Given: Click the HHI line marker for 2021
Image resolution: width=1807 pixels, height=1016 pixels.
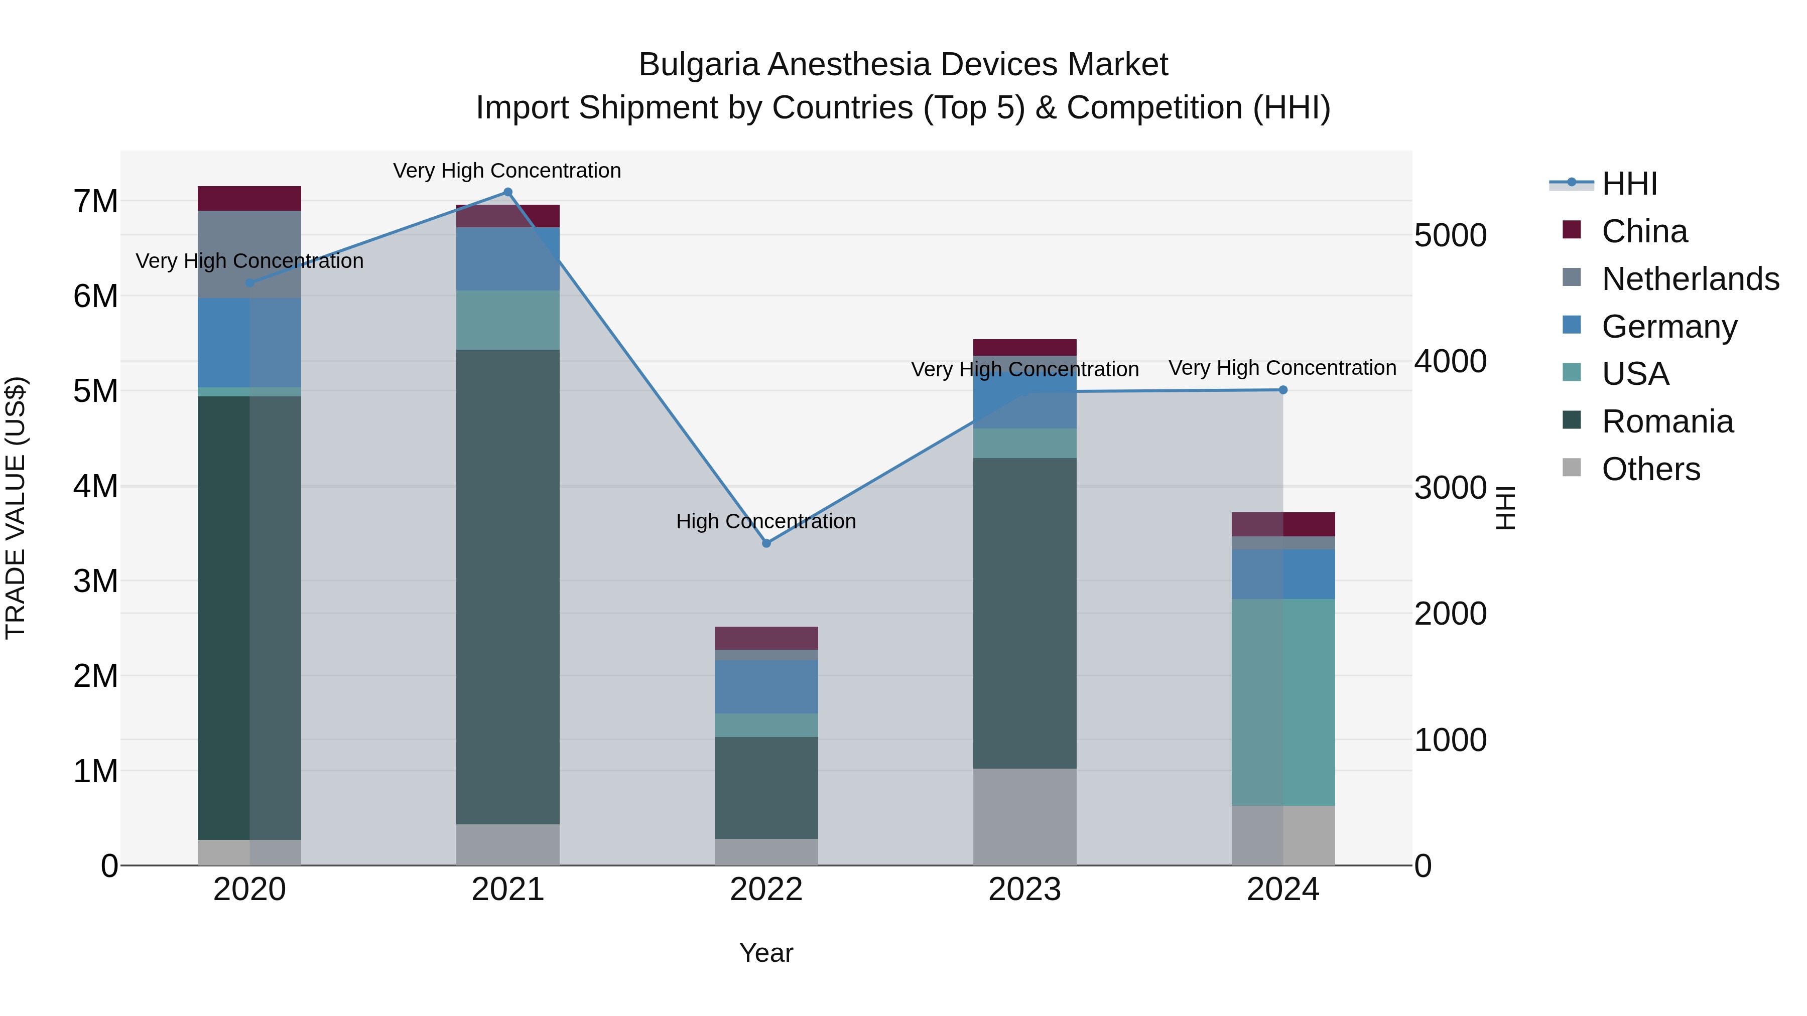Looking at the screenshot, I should coord(508,192).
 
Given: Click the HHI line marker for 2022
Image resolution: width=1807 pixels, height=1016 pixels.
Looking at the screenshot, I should coord(766,543).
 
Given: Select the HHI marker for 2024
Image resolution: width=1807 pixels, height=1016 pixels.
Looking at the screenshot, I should coord(1283,390).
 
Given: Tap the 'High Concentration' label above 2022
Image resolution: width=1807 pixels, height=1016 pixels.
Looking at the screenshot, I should coord(766,522).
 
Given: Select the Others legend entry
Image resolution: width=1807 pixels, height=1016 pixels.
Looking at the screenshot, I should coord(1650,469).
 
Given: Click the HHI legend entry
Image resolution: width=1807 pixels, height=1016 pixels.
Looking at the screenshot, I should coord(1629,184).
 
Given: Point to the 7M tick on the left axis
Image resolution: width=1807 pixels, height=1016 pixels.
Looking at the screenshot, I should coord(96,202).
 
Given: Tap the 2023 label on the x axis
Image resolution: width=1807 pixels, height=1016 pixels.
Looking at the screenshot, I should coord(1024,890).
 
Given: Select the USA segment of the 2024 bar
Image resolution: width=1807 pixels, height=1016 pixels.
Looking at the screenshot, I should coord(1283,702).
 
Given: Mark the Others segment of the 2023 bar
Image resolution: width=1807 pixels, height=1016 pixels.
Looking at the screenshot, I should coord(1024,817).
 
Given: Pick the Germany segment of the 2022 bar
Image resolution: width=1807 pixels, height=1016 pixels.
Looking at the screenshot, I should coord(766,686).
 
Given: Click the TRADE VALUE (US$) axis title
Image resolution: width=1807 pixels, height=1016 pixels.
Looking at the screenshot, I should coord(16,508).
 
